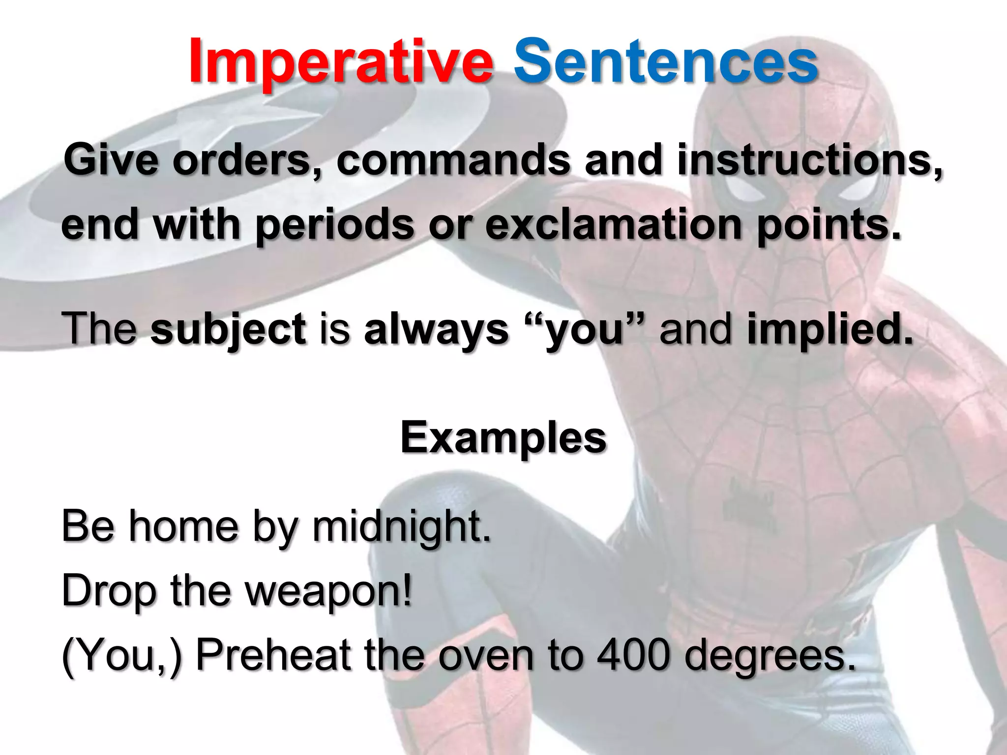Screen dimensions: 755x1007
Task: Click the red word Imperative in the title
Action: click(x=340, y=61)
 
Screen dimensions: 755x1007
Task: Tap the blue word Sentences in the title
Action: click(x=666, y=61)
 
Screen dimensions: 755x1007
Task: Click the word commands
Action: click(x=453, y=160)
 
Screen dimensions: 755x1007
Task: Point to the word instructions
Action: click(x=809, y=160)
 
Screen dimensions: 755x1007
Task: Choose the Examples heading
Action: click(x=503, y=437)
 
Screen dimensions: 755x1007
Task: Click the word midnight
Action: click(x=401, y=527)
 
